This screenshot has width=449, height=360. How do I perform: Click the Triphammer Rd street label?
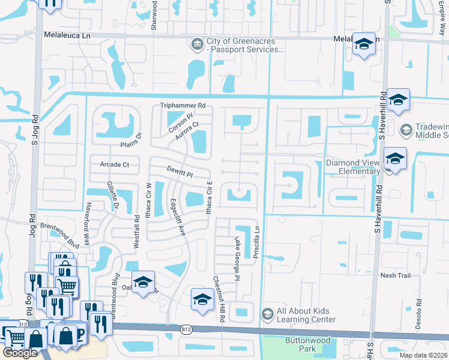[x=183, y=106]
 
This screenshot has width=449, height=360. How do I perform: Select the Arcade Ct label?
[x=115, y=164]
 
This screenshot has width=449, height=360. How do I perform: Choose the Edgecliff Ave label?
[x=178, y=217]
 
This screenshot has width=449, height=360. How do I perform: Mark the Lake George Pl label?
[x=237, y=259]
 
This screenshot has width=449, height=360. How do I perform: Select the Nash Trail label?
[x=394, y=275]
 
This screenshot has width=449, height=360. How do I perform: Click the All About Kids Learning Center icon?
[x=268, y=314]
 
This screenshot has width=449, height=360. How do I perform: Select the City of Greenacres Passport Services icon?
[x=197, y=44]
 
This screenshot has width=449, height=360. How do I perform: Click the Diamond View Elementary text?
[x=353, y=167]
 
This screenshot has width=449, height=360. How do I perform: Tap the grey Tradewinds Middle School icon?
[x=406, y=130]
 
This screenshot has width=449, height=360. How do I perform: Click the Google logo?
[x=20, y=353]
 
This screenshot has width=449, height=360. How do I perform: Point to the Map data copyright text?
[x=424, y=355]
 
